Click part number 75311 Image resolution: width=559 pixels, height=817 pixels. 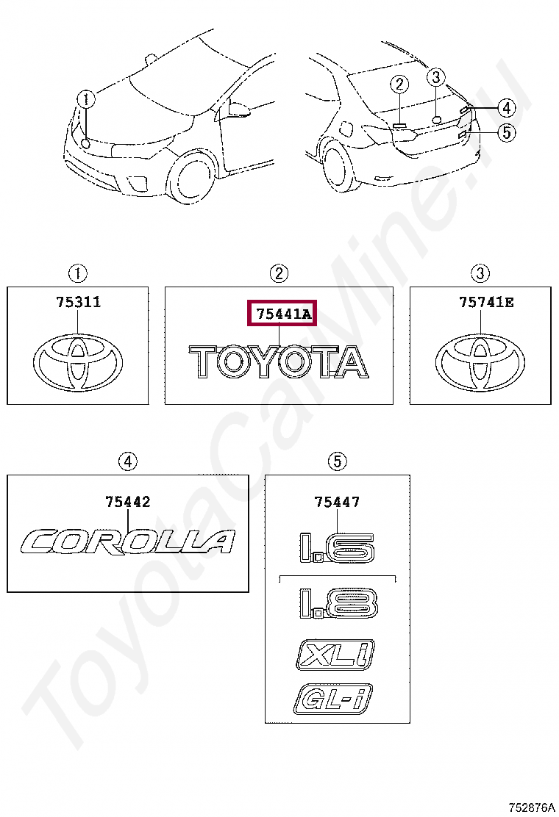click(x=79, y=303)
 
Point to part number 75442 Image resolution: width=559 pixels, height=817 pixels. click(x=128, y=502)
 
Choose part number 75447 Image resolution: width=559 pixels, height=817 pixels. click(x=337, y=502)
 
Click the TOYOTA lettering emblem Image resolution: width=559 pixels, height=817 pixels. click(x=279, y=362)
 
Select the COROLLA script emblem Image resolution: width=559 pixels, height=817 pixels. click(x=129, y=542)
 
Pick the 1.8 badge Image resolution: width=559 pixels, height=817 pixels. click(x=338, y=602)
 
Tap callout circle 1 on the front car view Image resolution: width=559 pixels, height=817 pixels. click(x=87, y=99)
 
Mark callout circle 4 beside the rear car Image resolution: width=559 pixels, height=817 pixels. click(x=506, y=109)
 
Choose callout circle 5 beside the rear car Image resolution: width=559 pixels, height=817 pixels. click(x=506, y=133)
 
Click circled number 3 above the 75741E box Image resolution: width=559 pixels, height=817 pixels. click(x=480, y=274)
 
